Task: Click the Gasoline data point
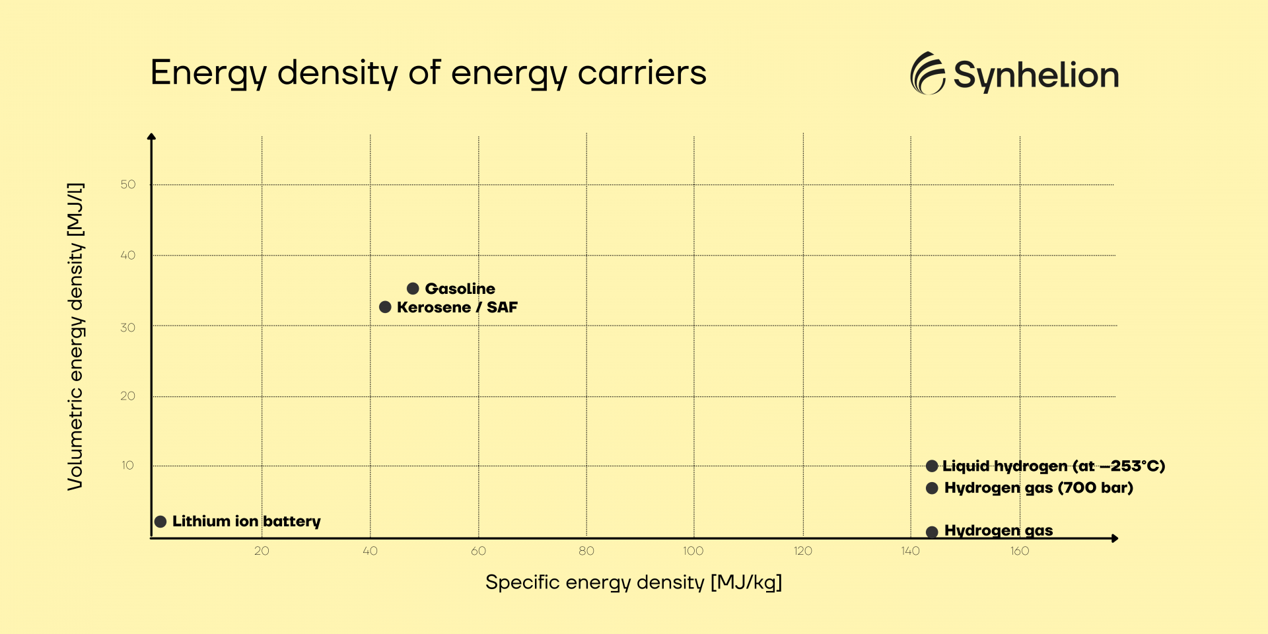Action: (413, 289)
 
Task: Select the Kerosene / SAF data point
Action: (386, 307)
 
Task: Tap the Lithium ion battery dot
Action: (160, 522)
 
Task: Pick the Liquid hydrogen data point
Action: (932, 466)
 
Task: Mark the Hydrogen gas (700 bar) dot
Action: (932, 488)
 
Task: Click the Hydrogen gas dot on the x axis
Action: (932, 532)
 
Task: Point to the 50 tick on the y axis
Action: (128, 184)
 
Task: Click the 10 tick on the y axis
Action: (128, 465)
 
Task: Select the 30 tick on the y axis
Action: (128, 327)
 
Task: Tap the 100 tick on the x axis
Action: (693, 551)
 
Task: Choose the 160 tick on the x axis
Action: (1020, 551)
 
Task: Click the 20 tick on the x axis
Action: (262, 551)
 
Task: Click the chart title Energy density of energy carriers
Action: (428, 73)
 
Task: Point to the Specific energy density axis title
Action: (633, 582)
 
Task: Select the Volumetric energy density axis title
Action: (76, 336)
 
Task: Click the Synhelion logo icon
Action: (928, 73)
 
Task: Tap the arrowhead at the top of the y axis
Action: (151, 137)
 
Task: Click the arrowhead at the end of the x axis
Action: (1115, 538)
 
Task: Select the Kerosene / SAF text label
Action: (457, 307)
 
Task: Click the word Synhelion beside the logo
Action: (1036, 75)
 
